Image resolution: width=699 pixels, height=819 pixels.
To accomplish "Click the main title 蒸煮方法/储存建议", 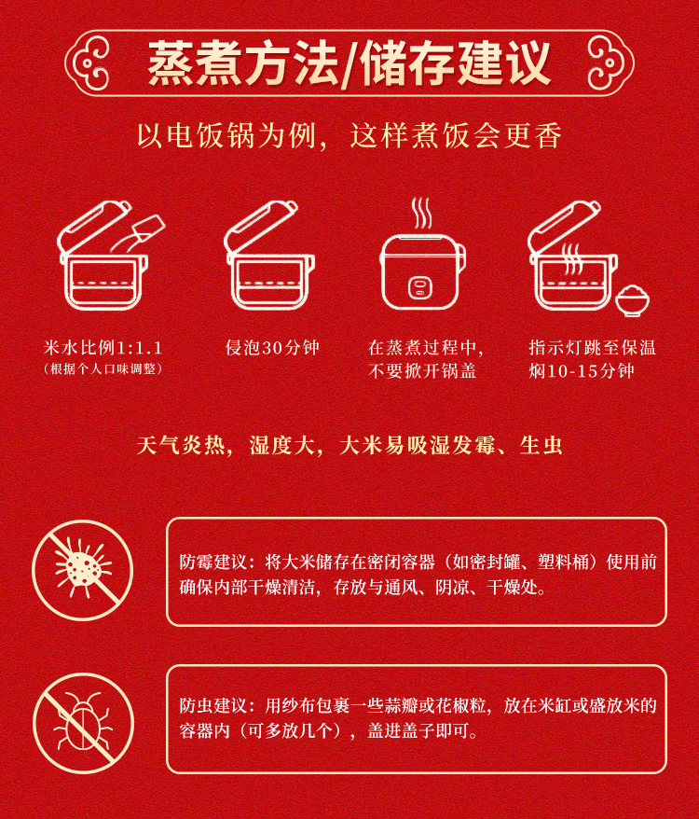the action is click(x=349, y=63).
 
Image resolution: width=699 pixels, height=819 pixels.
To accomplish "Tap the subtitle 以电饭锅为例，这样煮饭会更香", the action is click(x=349, y=136).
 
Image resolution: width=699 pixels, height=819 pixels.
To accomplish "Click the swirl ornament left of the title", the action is click(x=89, y=63).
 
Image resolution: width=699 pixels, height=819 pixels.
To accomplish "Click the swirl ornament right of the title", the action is click(x=609, y=63).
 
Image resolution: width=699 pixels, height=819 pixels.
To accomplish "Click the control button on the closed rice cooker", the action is click(x=420, y=288).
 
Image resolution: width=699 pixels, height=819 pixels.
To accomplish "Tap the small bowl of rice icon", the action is click(x=632, y=301).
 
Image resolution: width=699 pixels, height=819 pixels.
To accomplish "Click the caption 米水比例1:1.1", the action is click(x=103, y=348).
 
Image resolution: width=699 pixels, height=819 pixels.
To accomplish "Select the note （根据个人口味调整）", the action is click(x=103, y=368).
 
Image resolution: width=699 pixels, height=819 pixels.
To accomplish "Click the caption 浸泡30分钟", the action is click(x=272, y=348).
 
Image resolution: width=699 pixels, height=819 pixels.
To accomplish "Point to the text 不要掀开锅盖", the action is click(x=422, y=371).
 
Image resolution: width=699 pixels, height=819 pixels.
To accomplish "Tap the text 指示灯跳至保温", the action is click(x=593, y=348).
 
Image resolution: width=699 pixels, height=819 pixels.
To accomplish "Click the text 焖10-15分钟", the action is click(x=582, y=371).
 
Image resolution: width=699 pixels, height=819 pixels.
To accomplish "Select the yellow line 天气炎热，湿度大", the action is click(x=226, y=446).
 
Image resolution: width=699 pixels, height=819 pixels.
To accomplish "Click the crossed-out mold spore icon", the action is click(x=83, y=570).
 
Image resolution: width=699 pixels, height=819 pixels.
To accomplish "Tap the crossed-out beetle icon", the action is click(x=84, y=724).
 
